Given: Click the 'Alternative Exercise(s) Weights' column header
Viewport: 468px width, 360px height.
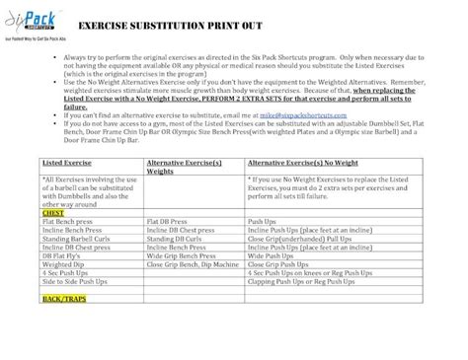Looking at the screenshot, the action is (x=181, y=165).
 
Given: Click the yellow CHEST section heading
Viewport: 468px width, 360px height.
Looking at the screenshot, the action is (x=51, y=211).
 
